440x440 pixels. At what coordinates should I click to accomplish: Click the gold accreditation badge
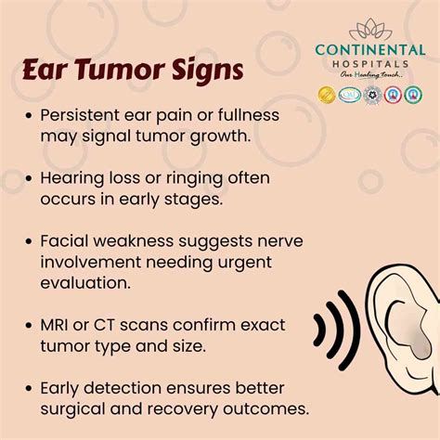tap(327, 94)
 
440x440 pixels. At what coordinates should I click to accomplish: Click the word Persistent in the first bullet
tap(80, 118)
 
